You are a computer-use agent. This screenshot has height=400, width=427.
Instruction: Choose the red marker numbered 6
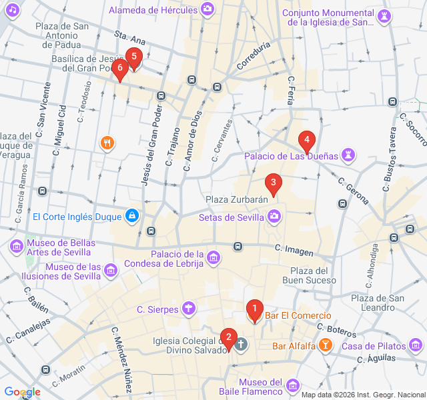120,68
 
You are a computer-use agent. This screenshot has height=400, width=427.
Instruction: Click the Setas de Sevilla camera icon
274,217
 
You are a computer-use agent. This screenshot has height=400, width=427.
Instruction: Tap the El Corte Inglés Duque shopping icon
132,216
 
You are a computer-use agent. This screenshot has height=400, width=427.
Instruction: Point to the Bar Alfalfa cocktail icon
324,345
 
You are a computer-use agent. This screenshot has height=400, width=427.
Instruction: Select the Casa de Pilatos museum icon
416,345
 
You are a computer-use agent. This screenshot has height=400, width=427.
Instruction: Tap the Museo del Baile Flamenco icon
293,385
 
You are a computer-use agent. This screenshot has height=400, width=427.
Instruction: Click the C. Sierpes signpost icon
190,308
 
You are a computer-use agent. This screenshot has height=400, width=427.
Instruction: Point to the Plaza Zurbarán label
236,199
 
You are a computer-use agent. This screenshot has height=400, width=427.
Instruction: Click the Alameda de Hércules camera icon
208,9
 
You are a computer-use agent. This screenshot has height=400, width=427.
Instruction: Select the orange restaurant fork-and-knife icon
107,143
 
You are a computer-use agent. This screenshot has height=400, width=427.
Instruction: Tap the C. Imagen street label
294,248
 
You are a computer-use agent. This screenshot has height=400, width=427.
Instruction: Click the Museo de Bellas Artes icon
16,246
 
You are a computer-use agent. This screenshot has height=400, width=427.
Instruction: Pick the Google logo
21,392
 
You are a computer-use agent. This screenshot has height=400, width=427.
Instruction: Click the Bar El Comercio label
298,315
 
